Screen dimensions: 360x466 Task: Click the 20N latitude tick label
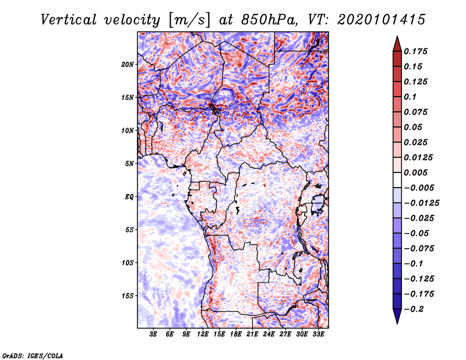click(128, 64)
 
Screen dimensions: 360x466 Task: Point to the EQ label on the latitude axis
click(129, 196)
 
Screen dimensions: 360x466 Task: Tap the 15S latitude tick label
click(128, 295)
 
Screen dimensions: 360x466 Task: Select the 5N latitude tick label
click(129, 163)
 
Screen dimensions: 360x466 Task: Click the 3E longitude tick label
click(153, 334)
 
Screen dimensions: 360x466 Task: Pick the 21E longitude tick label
click(252, 334)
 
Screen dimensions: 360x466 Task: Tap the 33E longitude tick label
click(318, 334)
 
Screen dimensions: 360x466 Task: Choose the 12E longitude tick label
click(203, 334)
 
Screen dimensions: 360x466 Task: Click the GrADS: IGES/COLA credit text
click(33, 355)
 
